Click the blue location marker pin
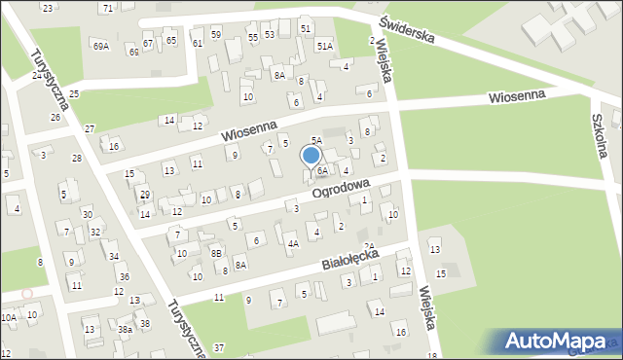click(311, 157)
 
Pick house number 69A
click(100, 46)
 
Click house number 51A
click(324, 46)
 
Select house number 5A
click(316, 141)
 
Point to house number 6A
click(321, 171)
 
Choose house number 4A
click(292, 243)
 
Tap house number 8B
click(217, 253)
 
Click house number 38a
click(126, 330)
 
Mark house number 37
click(219, 347)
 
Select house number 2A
click(369, 246)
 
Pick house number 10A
click(9, 317)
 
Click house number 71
click(106, 8)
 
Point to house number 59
click(216, 35)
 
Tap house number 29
click(144, 196)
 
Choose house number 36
click(124, 277)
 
